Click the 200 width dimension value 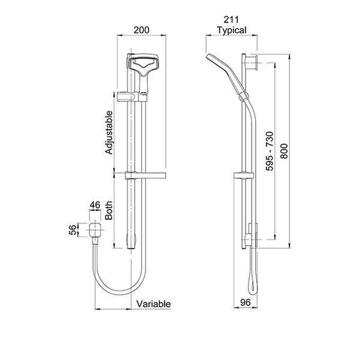(x=141, y=30)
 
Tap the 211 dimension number (x=232, y=20)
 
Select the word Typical (x=232, y=30)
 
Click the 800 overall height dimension (x=284, y=151)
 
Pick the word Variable (x=153, y=304)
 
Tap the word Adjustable (x=109, y=132)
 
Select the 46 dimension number (x=95, y=205)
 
